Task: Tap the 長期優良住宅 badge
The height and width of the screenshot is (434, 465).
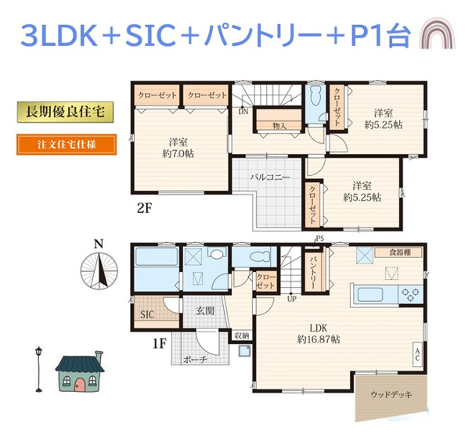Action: (x=65, y=112)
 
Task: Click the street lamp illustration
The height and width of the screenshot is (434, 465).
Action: (x=36, y=368)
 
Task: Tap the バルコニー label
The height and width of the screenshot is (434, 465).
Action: (x=270, y=178)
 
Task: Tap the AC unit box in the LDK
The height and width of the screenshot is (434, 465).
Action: (x=417, y=354)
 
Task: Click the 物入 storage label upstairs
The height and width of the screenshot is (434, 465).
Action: (x=279, y=125)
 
